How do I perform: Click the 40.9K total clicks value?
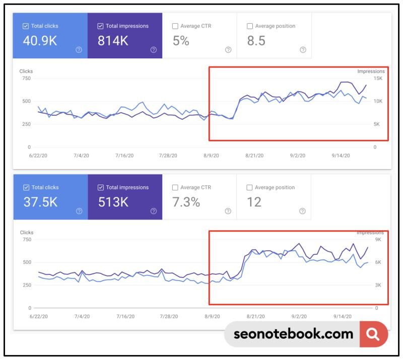point(40,41)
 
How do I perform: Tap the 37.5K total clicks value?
point(40,202)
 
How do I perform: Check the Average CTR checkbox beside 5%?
point(175,26)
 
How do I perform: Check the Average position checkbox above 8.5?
point(250,26)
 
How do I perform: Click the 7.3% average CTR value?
point(186,202)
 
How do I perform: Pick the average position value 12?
point(254,202)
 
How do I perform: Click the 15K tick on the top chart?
point(377,79)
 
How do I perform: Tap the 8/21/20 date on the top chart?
point(254,156)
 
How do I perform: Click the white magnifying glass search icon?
point(373,334)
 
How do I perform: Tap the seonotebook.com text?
point(293,334)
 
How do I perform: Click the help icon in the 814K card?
point(154,50)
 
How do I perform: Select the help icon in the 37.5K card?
point(79,211)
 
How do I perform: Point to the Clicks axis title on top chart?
point(26,71)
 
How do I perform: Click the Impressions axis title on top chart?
point(371,71)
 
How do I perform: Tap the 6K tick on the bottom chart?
point(378,262)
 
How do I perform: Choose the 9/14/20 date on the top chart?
point(341,156)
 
